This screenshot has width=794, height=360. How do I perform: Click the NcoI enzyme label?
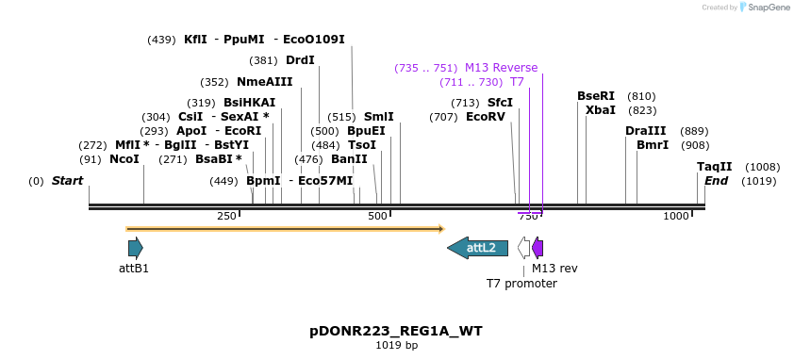124,159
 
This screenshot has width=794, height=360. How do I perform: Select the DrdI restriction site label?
300,60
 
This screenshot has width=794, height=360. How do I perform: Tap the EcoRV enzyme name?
486,117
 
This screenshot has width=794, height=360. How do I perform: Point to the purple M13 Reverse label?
501,68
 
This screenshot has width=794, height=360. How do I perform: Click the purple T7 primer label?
517,82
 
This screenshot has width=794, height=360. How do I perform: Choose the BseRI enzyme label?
596,96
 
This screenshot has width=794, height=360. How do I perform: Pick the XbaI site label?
601,110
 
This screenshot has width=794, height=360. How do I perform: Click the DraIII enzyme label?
646,131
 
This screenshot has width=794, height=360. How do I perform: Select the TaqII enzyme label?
715,167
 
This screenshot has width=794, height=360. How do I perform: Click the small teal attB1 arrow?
136,248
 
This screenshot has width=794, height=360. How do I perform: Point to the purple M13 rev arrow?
538,248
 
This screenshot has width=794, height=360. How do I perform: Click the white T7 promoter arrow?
523,248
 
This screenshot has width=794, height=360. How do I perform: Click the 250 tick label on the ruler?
226,217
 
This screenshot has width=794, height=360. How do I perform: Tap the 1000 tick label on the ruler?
677,217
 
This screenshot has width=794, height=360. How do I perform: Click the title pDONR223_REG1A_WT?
396,332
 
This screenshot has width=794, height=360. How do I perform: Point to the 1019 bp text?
396,346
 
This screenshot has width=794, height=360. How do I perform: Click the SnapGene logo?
765,8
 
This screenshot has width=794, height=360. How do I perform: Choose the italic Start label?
67,181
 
